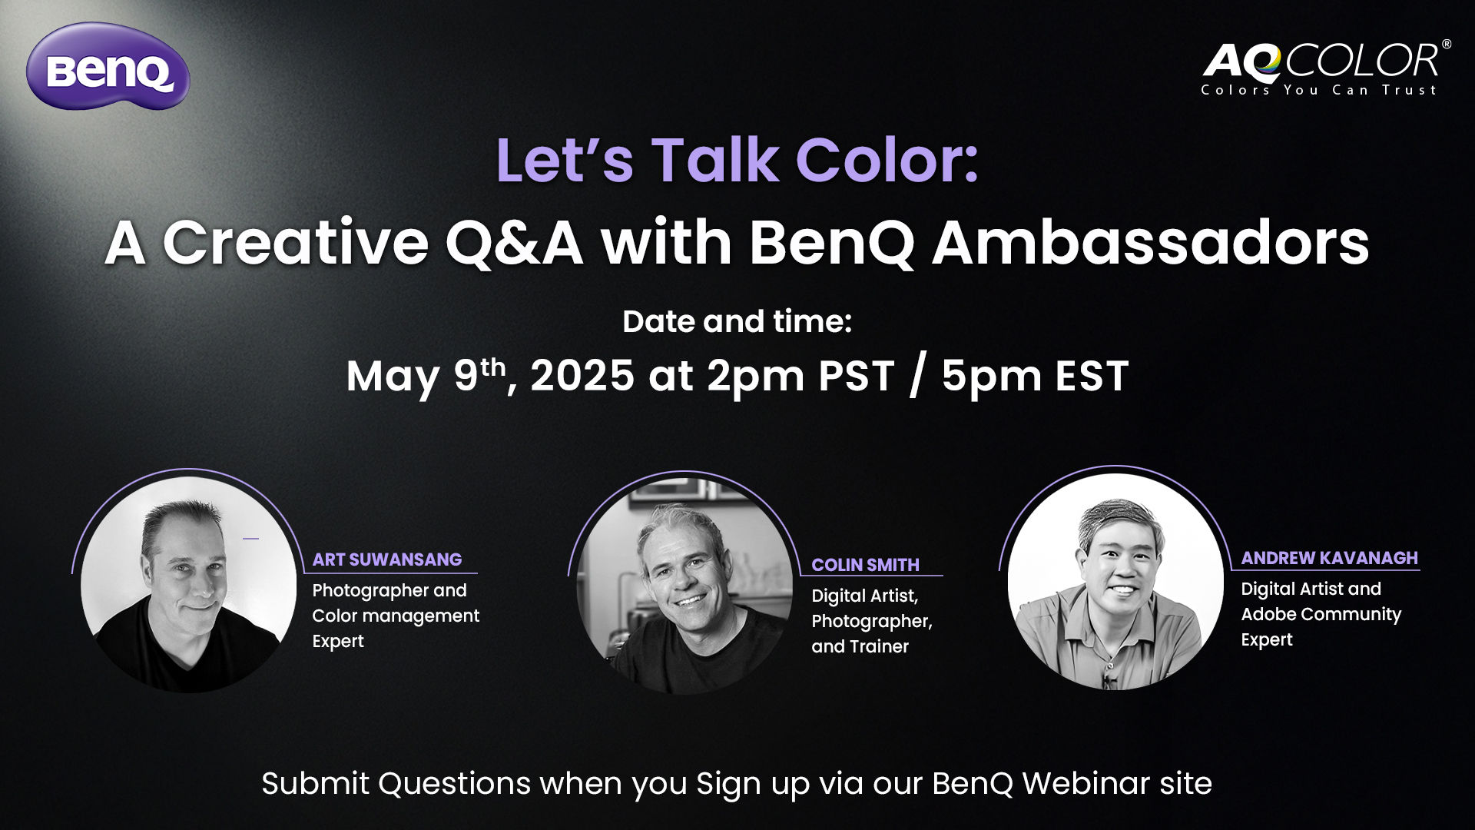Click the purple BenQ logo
pos(108,67)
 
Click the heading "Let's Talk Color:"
pos(737,161)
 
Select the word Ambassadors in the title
pos(1151,244)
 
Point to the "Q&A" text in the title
pos(514,244)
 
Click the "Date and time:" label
pos(737,321)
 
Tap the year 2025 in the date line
pos(582,376)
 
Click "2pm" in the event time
pos(755,377)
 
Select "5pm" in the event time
pos(991,377)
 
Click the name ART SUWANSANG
pos(386,559)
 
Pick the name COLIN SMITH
pos(865,565)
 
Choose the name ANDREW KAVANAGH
pos(1329,558)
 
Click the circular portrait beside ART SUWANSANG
pos(188,585)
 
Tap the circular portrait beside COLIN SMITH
pos(684,586)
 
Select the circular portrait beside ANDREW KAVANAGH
pos(1115,582)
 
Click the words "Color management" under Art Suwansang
pos(396,616)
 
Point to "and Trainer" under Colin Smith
pos(860,646)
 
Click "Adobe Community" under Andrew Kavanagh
pos(1321,614)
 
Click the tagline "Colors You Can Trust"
pos(1318,90)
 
